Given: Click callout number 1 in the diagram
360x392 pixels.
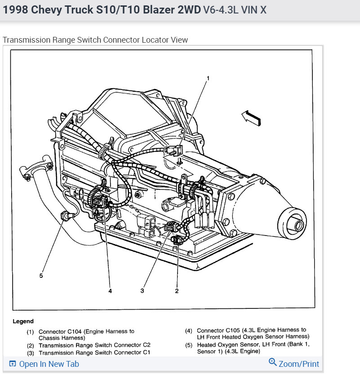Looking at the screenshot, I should click(208, 78).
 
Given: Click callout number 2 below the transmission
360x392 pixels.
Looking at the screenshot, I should click(177, 291).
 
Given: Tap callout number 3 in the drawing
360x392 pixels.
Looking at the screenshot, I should click(142, 291).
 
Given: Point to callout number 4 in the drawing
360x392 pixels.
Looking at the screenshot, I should click(110, 291).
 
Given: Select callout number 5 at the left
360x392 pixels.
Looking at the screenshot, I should click(41, 276).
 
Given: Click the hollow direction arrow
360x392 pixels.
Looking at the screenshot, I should click(251, 117).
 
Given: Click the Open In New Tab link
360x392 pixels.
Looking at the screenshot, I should click(49, 364).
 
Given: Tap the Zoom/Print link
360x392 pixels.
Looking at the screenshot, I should click(298, 364).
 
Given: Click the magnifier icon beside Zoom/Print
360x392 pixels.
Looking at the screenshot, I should click(272, 362).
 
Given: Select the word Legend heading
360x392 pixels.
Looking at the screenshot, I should click(23, 321).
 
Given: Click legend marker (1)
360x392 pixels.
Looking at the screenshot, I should click(30, 331).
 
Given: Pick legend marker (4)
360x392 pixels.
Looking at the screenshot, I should click(189, 330).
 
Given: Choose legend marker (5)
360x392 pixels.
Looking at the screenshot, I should click(189, 345).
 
